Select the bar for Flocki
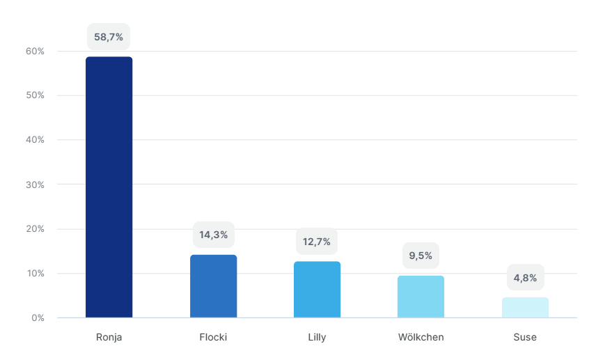point(213,286)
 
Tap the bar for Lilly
point(317,290)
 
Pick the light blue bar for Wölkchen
point(421,297)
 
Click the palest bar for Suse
point(525,308)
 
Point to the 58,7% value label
point(109,37)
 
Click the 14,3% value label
point(213,235)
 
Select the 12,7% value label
point(317,242)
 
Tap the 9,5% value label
point(421,256)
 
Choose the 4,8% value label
point(525,278)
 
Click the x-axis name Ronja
point(109,338)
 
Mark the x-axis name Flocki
point(213,338)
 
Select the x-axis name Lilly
point(317,338)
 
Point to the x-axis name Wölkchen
point(421,338)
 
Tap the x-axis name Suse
point(525,338)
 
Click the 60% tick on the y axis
point(36,52)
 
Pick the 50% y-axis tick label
point(36,95)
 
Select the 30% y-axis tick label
point(36,185)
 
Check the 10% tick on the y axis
point(36,274)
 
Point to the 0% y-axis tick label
point(38,318)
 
